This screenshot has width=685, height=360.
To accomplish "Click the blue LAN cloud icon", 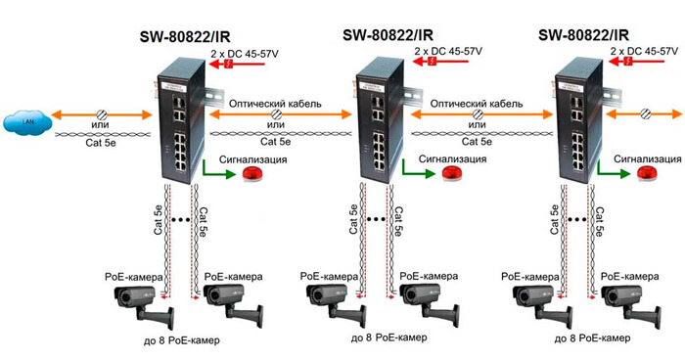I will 30,122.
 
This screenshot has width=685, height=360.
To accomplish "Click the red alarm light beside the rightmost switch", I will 646,173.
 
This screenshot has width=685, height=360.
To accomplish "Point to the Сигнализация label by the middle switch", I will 450,157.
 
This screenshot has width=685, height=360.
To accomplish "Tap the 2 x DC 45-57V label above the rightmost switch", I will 642,48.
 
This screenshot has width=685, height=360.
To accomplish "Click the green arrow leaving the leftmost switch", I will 217,173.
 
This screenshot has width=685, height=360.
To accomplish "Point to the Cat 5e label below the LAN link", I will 99,141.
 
